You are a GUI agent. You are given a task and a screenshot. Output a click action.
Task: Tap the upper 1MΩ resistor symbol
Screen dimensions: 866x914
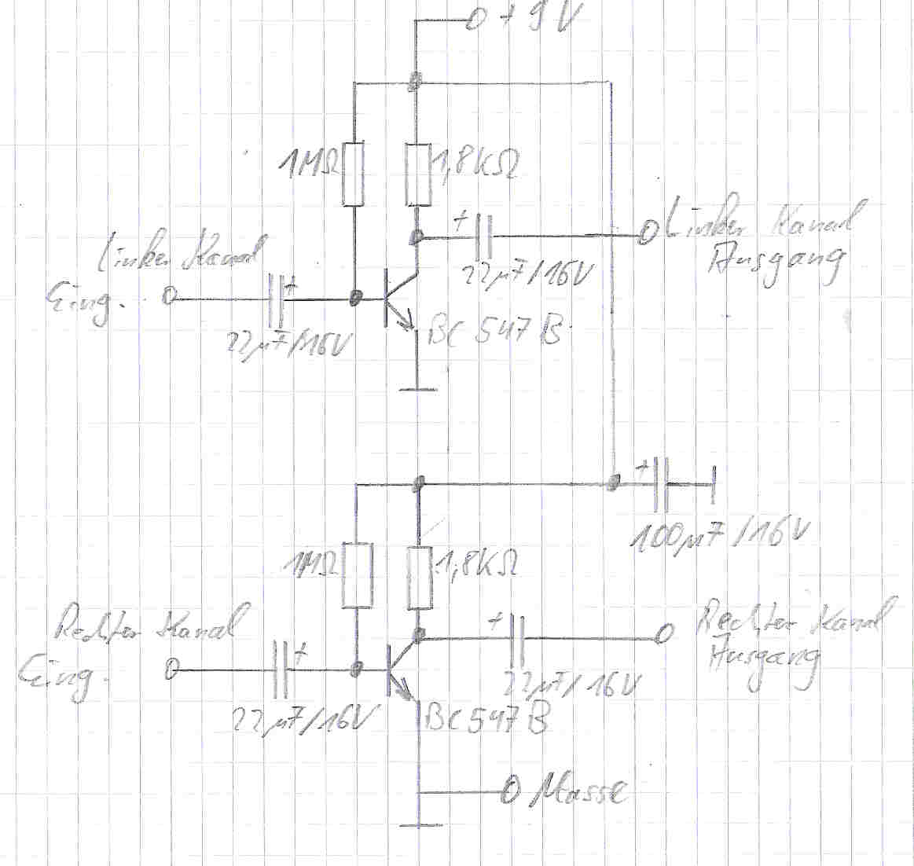click(354, 174)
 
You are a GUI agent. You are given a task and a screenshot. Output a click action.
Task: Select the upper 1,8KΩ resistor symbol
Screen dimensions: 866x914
click(418, 174)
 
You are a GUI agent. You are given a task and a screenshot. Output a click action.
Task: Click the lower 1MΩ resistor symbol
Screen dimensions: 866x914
click(357, 575)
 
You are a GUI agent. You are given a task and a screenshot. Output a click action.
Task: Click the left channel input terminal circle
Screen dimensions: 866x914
click(168, 298)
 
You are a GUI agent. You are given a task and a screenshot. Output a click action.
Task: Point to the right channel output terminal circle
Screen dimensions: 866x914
click(664, 633)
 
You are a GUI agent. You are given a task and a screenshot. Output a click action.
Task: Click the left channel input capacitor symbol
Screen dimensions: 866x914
click(276, 299)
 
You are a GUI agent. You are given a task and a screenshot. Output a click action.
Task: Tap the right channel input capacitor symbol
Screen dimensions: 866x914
click(281, 670)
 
